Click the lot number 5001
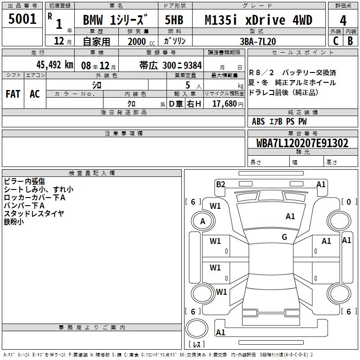pos(22,19)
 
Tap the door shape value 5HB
pos(174,20)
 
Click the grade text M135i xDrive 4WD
pos(258,20)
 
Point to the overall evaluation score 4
pos(343,21)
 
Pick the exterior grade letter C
pos(336,41)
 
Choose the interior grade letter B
pos(350,41)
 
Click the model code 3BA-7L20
pos(257,41)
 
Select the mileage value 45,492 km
pos(54,65)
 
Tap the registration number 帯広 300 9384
pos(171,65)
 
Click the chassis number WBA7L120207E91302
pos(302,143)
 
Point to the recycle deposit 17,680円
pos(228,104)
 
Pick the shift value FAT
pos(13,94)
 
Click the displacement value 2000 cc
pos(141,42)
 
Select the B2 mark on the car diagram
pos(220,184)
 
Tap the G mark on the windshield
pos(284,237)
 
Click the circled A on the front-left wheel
pos(202,221)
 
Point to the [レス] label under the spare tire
pos(197,344)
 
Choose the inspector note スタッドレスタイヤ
pos(34,213)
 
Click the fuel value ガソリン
pos(175,41)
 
